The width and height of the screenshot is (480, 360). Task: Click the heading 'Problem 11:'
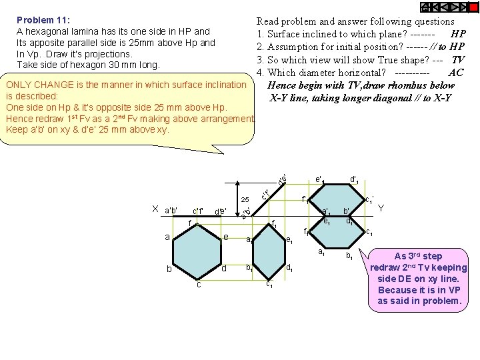tap(44, 20)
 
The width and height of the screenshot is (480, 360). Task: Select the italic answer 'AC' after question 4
tap(456, 73)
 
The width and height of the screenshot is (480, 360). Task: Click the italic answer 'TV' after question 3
tap(457, 60)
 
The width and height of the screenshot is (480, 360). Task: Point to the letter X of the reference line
tap(156, 208)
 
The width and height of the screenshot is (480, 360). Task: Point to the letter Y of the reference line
tap(381, 208)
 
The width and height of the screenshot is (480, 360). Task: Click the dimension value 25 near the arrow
tap(245, 200)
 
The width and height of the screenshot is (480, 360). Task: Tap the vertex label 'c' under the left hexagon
tap(199, 285)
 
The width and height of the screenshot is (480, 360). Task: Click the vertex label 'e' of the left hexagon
tap(227, 237)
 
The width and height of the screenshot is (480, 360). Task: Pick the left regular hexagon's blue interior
tap(197, 252)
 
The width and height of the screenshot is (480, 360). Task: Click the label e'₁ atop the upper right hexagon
tap(319, 179)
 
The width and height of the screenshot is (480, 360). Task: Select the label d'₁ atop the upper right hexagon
tap(355, 179)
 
